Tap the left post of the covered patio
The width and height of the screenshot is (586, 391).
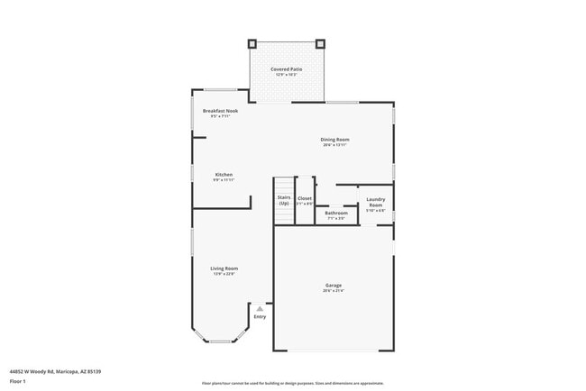pos(252,42)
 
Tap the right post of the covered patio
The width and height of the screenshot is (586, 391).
pos(320,42)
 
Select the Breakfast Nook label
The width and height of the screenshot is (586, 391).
pos(220,111)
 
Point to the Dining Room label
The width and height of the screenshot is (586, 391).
pos(334,140)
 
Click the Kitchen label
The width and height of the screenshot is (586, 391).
pos(224,174)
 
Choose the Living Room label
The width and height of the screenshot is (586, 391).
pos(224,268)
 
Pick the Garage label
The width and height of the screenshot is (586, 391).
pos(334,286)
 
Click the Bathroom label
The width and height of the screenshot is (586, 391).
pos(336,213)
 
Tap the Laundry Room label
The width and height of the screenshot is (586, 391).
pos(376,202)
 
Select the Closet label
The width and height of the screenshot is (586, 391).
pos(305,197)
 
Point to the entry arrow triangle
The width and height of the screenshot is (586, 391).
pos(260,308)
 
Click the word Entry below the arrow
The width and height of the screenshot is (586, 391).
pos(260,316)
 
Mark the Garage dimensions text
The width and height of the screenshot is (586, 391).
pos(334,291)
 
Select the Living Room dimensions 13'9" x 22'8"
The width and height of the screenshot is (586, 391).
pos(224,274)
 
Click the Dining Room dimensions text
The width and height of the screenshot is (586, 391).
pos(334,145)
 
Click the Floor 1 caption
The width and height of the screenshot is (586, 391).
pos(18,381)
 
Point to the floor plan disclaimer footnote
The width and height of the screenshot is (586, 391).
pos(292,383)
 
